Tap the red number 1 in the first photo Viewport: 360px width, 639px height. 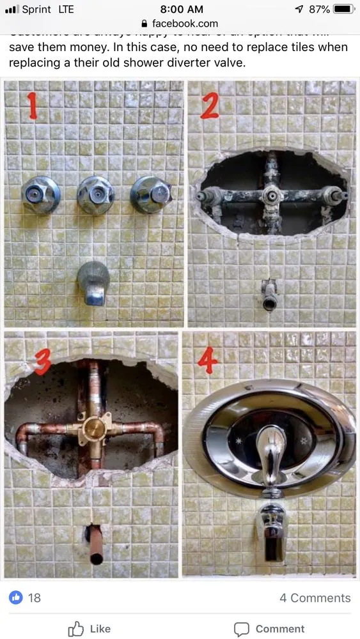(33, 106)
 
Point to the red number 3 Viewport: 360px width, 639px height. (42, 362)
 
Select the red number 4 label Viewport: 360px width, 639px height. (207, 361)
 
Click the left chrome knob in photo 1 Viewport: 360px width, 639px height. (40, 194)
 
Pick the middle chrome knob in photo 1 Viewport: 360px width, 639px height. (95, 194)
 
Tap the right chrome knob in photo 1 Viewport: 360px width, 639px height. (151, 194)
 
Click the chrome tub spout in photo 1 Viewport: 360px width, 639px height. (93, 282)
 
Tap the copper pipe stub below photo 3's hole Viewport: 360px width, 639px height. (95, 544)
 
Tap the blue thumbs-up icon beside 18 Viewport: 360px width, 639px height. (16, 597)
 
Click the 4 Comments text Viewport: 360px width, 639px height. (315, 598)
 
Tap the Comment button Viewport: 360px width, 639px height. (269, 629)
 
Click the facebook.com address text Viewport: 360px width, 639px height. (184, 24)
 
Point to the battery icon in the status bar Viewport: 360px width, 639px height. (343, 9)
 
